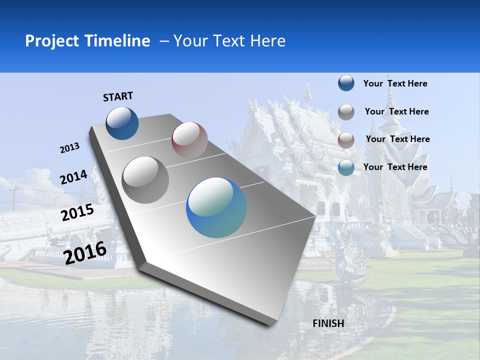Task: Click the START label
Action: click(x=118, y=96)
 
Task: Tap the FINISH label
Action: click(x=328, y=323)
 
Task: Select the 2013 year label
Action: click(x=69, y=148)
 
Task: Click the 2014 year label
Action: click(x=73, y=177)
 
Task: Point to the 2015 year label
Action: click(x=77, y=212)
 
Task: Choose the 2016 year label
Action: click(x=85, y=252)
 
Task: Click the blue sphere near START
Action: click(x=122, y=123)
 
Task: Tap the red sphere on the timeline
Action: click(x=189, y=140)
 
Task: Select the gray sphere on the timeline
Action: click(x=145, y=179)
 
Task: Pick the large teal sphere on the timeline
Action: click(x=216, y=207)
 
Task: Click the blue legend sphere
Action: click(x=346, y=83)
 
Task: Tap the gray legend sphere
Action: click(x=346, y=112)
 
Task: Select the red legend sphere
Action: click(x=346, y=140)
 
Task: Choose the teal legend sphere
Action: click(x=346, y=167)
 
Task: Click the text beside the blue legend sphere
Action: click(x=395, y=83)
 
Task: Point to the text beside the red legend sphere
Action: click(x=397, y=139)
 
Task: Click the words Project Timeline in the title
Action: click(x=87, y=41)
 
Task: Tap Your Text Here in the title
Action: click(x=229, y=41)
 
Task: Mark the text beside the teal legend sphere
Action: click(x=395, y=167)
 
